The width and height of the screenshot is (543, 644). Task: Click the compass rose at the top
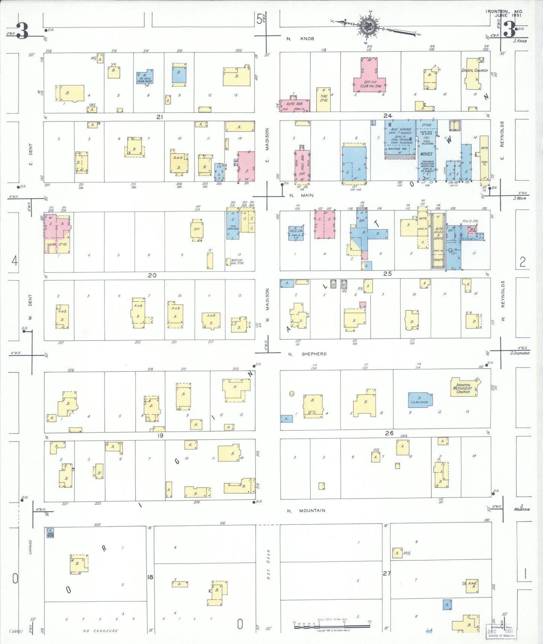[366, 26]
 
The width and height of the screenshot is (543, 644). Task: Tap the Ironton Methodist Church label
[463, 388]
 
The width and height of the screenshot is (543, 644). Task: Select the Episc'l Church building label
[475, 70]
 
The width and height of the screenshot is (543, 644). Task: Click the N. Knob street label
[300, 39]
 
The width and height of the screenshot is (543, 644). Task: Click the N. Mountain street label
[306, 511]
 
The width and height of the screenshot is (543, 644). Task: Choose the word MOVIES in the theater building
[426, 154]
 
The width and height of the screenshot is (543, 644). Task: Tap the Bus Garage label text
[401, 129]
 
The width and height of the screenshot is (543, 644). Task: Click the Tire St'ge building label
[324, 98]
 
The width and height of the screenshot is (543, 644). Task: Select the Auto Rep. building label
[294, 104]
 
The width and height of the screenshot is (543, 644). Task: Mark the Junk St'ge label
[57, 245]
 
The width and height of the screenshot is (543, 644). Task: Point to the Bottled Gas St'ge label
[237, 262]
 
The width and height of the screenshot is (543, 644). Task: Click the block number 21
[160, 117]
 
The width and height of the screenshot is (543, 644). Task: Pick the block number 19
[160, 435]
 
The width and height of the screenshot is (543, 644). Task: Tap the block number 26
[389, 433]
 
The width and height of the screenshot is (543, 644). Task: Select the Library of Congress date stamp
[501, 632]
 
